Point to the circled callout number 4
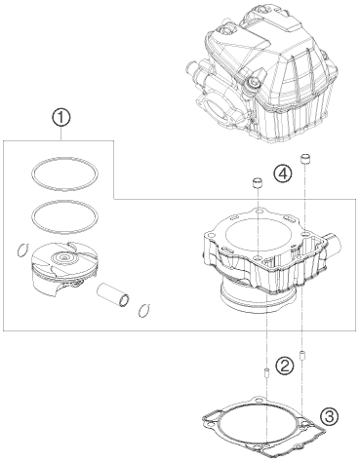pyautogui.click(x=282, y=174)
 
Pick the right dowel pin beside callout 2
pyautogui.click(x=303, y=354)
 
